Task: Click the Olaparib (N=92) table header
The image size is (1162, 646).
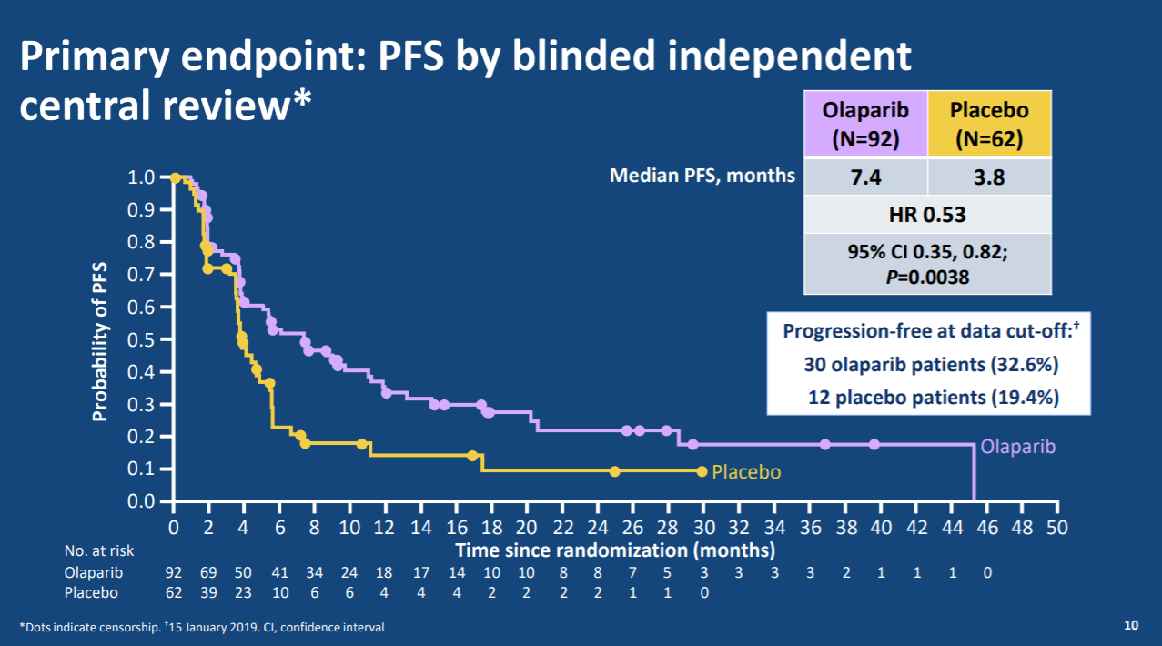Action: (864, 125)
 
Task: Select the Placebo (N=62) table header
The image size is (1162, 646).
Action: (989, 125)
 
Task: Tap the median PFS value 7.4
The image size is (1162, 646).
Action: (864, 177)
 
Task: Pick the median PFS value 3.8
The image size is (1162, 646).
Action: (989, 177)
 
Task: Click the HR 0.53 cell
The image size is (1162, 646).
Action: (927, 216)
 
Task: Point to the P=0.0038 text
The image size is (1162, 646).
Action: (927, 277)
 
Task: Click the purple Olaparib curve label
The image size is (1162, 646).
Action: (1018, 447)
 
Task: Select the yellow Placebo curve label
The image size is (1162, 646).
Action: (746, 472)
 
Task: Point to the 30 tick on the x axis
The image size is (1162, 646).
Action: (704, 527)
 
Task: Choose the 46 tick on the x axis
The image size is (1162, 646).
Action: (987, 527)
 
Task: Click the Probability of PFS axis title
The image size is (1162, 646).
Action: (100, 342)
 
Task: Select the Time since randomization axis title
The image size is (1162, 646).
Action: (615, 550)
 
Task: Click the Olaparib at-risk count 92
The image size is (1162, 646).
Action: (174, 573)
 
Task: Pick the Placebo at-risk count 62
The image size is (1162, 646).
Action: (174, 592)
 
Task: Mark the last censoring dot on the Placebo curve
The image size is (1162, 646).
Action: (701, 471)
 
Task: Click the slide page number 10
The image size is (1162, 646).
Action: (1131, 625)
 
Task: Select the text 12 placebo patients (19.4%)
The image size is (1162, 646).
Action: (933, 397)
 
